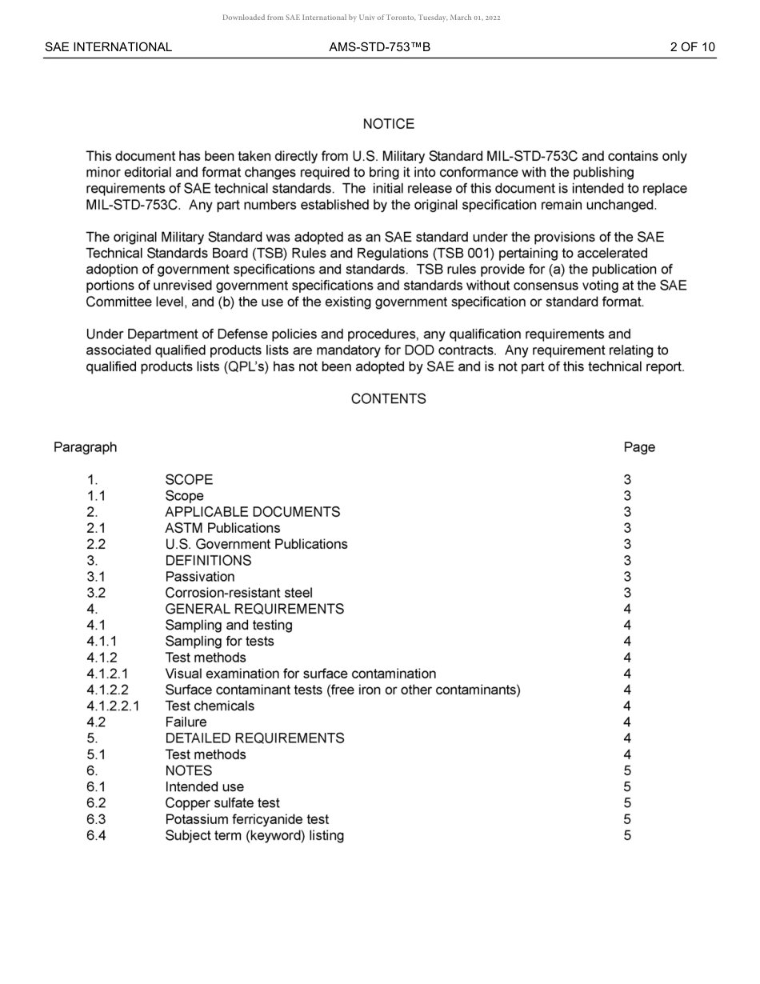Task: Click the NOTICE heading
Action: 388,124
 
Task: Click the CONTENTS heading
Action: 388,398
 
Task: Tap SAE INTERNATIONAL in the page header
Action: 108,47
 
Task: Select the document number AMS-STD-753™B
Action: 379,47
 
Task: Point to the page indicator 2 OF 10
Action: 692,47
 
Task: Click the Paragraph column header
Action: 85,447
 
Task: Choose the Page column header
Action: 639,447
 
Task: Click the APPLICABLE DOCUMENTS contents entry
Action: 252,512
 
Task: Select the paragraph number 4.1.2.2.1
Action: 112,706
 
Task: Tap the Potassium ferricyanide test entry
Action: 246,819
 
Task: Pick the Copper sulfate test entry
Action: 222,803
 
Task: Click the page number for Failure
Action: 627,722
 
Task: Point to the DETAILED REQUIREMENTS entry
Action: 254,738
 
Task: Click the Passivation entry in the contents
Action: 200,577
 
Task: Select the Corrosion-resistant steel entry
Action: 238,593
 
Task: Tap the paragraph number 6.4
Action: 96,835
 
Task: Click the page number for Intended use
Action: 627,787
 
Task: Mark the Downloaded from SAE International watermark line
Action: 361,18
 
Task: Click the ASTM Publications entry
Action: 222,528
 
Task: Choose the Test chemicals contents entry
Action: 210,706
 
